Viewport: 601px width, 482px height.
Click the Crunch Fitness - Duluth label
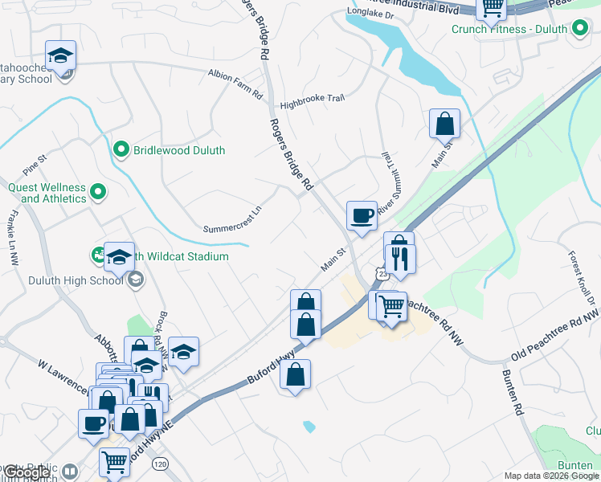[509, 29]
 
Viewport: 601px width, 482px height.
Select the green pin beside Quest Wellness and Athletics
[98, 192]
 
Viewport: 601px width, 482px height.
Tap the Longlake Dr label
[370, 14]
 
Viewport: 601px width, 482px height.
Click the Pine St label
[35, 167]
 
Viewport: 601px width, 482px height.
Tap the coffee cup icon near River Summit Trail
[361, 215]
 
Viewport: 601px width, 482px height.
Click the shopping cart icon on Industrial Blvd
[491, 8]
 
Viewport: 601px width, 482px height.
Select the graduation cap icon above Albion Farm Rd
[60, 55]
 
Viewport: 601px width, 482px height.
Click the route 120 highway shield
[161, 464]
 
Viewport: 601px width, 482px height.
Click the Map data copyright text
[551, 476]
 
